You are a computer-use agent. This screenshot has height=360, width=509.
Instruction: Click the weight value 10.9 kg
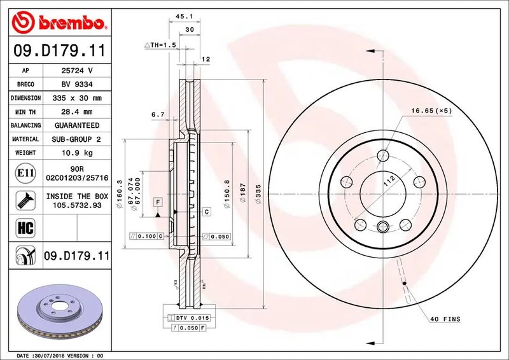[77, 153]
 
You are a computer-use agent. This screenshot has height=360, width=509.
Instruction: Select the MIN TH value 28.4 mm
[77, 112]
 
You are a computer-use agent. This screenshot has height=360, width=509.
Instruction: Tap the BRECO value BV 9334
[77, 85]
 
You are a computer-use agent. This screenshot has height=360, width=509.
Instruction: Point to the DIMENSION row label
[25, 98]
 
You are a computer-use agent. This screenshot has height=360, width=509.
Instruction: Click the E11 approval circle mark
[25, 173]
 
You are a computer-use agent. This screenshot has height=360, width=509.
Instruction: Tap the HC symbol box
[25, 228]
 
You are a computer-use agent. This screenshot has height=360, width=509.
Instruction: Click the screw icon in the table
[25, 200]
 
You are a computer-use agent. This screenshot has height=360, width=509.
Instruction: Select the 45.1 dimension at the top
[185, 16]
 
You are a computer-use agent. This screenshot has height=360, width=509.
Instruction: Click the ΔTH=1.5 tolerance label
[160, 45]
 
